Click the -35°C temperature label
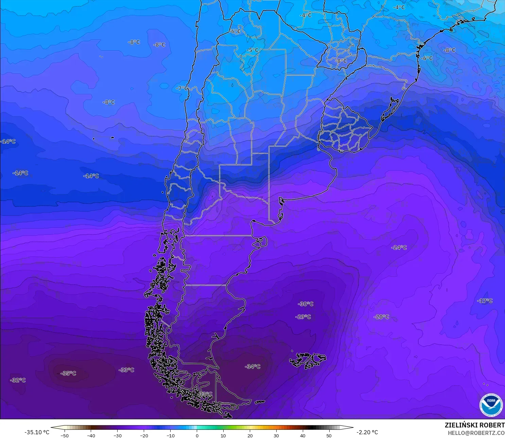point(68,373)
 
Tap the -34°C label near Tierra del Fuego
point(252,367)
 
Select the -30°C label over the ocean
point(306,304)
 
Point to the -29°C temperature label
point(303,317)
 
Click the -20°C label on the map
point(381,317)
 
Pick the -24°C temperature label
point(399,247)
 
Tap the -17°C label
point(485,301)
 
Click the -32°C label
point(18,380)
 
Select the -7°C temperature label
point(182,88)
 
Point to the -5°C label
point(252,50)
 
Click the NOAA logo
point(491,405)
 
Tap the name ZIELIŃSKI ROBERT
point(474,425)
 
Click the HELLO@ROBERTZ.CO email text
point(476,433)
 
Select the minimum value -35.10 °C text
point(37,432)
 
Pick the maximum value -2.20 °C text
point(367,432)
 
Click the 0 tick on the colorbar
point(197,436)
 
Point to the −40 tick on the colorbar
point(91,436)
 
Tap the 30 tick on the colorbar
point(276,436)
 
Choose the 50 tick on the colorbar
point(329,436)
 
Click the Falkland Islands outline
point(308,360)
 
